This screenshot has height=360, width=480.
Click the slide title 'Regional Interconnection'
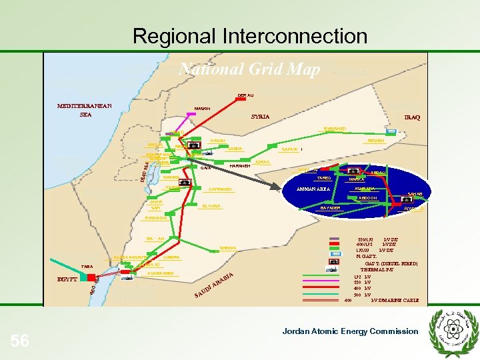coord(249,35)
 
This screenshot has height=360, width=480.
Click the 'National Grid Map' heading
coord(250,69)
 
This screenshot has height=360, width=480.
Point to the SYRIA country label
coord(260,117)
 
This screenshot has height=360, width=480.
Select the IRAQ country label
coord(412,117)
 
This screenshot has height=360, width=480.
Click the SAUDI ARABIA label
coord(214,285)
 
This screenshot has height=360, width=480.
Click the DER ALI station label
coord(245,95)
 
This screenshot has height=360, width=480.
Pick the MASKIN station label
coord(202,108)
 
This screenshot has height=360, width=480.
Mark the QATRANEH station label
coord(220,189)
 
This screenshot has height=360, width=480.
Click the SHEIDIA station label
coord(227,249)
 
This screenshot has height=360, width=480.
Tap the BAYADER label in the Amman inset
coord(330,208)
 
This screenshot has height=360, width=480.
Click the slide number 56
coord(20,341)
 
